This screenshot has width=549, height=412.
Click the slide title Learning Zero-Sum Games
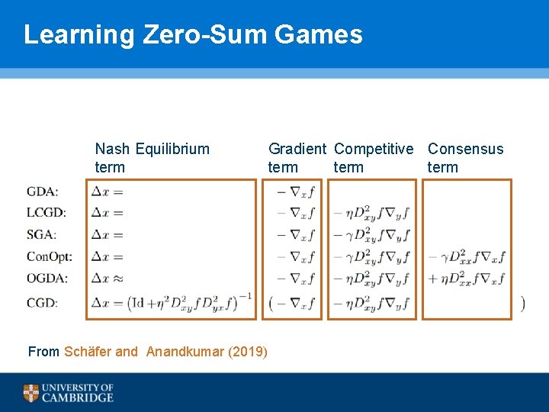(x=193, y=34)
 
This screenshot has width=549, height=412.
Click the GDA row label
(x=43, y=192)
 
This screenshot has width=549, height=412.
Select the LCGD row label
(x=46, y=213)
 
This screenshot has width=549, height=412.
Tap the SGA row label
(x=42, y=235)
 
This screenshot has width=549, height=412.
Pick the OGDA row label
(x=47, y=279)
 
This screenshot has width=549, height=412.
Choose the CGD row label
(x=42, y=303)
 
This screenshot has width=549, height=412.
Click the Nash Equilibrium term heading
(x=152, y=158)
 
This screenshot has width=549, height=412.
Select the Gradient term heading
(x=297, y=158)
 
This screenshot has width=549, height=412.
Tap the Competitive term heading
(x=374, y=158)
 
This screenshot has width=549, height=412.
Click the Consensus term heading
(x=465, y=158)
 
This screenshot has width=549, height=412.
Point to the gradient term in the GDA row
(x=295, y=192)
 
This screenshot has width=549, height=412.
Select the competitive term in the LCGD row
(x=373, y=214)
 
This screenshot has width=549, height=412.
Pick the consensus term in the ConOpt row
(x=467, y=257)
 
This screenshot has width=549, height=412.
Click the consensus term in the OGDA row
(x=467, y=279)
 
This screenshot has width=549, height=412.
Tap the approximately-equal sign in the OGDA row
(x=118, y=279)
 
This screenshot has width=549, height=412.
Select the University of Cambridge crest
(x=30, y=393)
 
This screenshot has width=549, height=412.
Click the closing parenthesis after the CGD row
(x=522, y=303)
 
